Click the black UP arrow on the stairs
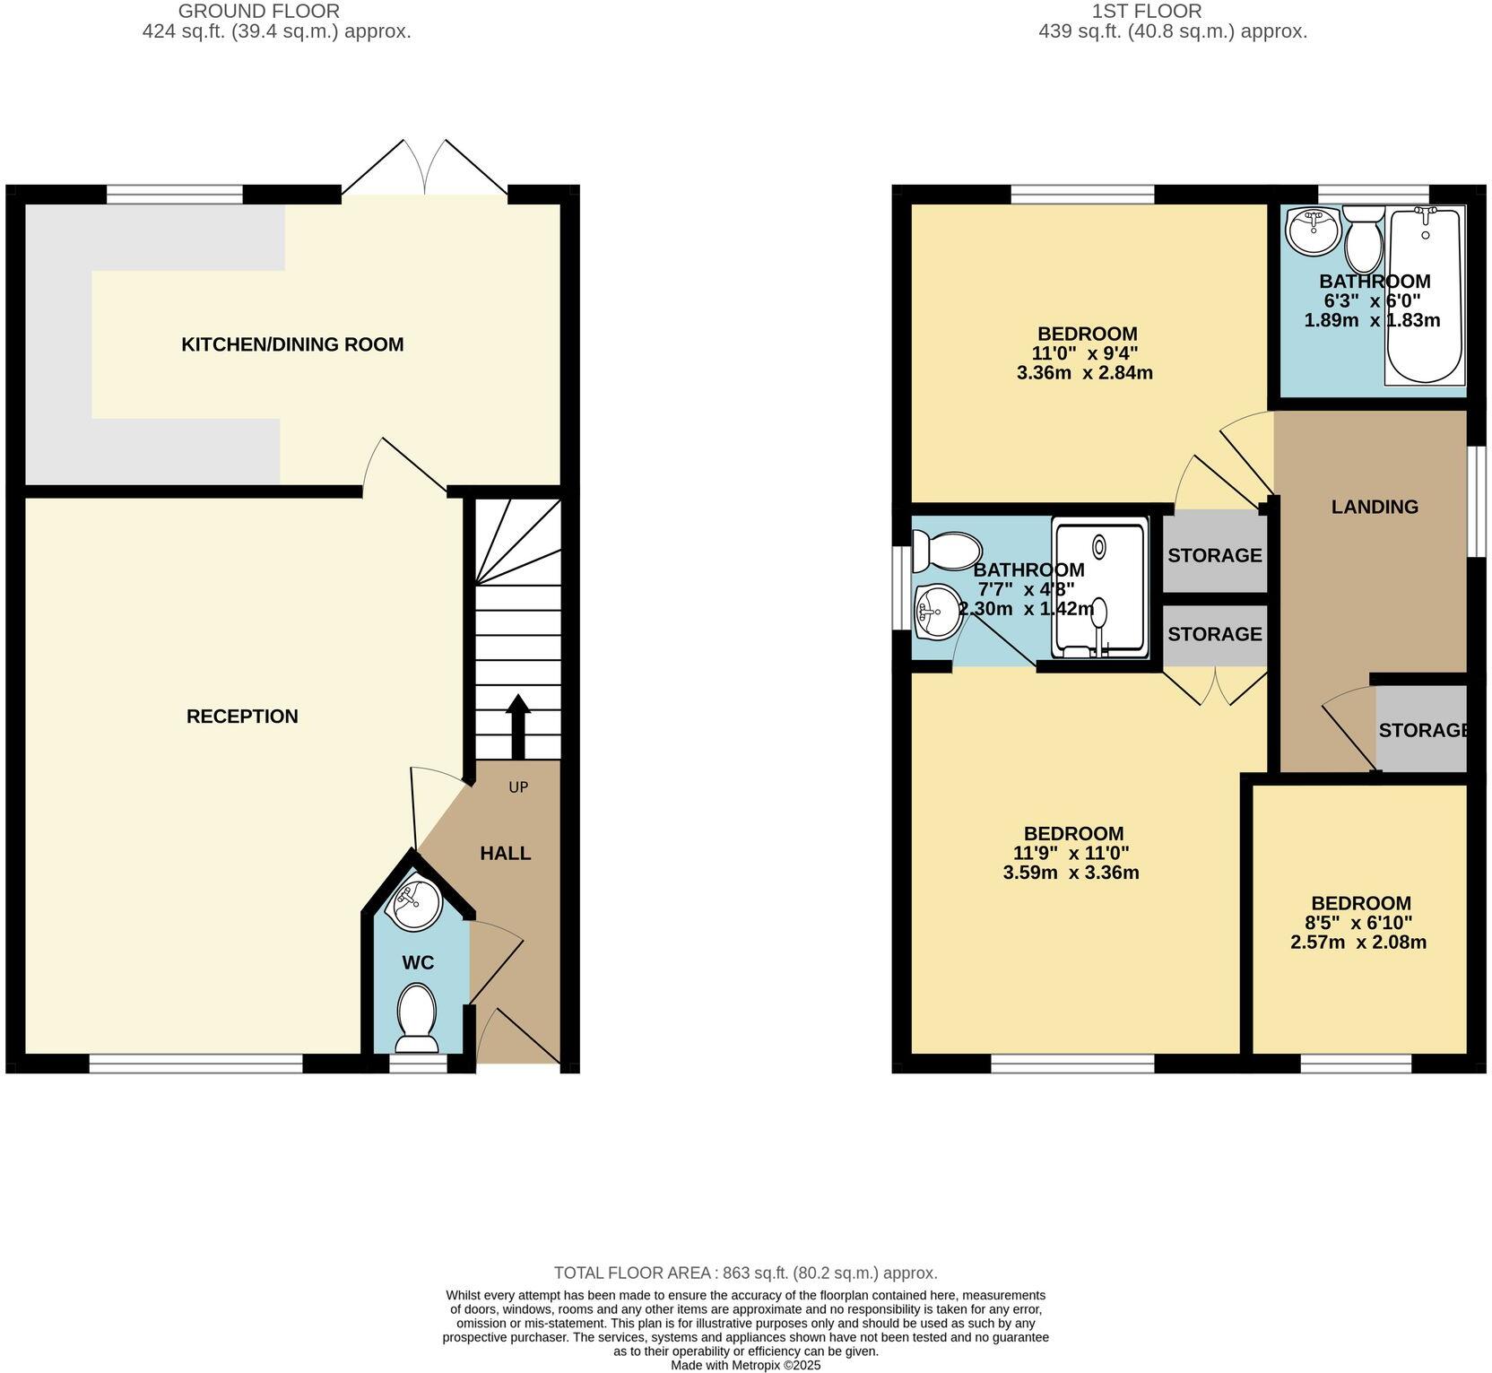point(517,726)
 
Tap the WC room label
point(418,962)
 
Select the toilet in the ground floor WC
point(417,1018)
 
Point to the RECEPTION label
point(242,716)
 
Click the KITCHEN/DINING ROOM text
point(292,344)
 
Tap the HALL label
point(505,853)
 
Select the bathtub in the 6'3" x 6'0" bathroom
point(1425,296)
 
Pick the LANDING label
point(1374,507)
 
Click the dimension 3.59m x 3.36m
point(1071,873)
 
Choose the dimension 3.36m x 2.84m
point(1084,372)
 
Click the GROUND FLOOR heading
point(259,12)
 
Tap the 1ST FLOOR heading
point(1147,12)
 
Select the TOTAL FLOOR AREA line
point(745,1273)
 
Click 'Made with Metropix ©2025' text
point(745,1365)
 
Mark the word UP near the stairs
point(518,787)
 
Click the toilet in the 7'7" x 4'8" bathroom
point(946,551)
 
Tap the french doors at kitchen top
point(424,169)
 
